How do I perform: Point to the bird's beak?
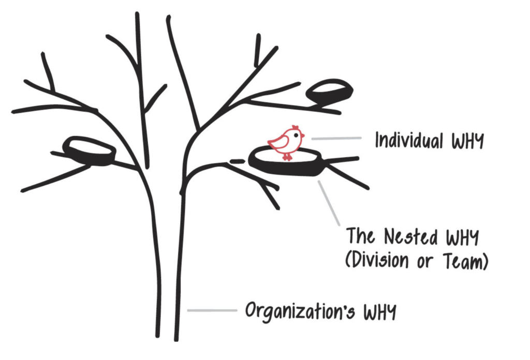[303, 136]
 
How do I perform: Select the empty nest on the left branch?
[90, 151]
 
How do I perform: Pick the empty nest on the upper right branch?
[329, 92]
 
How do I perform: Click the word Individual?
[407, 140]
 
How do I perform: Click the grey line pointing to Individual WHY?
[336, 138]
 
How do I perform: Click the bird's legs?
[286, 155]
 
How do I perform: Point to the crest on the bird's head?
[295, 127]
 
